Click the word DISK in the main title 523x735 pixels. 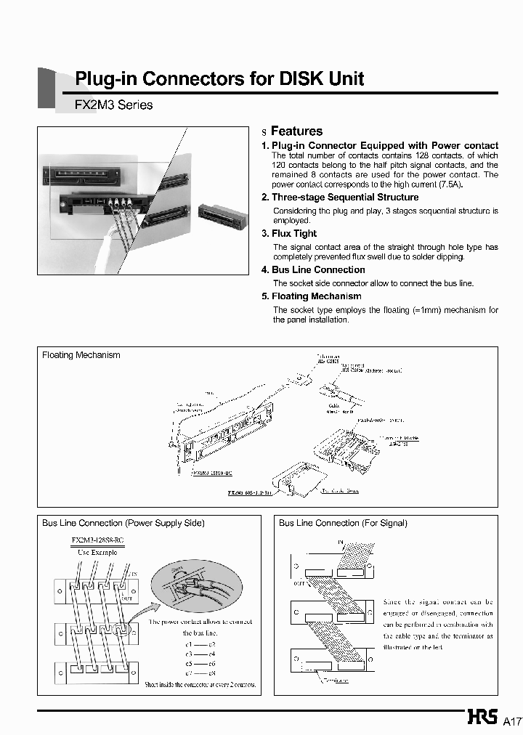[x=306, y=78]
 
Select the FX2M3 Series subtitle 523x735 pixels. [x=114, y=105]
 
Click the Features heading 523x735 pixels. [x=296, y=131]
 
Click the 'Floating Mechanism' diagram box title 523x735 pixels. [x=81, y=355]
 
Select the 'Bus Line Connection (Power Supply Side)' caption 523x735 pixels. [x=123, y=523]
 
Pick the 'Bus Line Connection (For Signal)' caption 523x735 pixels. [x=343, y=523]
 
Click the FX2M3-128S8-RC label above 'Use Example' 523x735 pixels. [x=97, y=540]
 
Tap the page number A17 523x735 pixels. [x=513, y=721]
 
